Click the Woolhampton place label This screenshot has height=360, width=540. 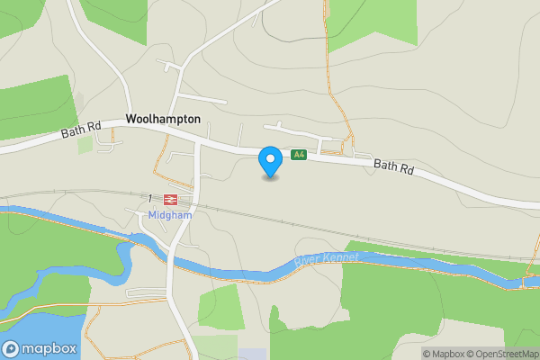(163, 118)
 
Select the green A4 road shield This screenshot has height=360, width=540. (299, 155)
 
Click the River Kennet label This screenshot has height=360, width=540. (327, 259)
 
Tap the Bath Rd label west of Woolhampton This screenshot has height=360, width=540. (81, 131)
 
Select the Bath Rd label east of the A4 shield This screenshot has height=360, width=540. (393, 166)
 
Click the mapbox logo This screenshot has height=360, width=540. (40, 348)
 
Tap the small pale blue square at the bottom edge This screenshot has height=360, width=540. (254, 354)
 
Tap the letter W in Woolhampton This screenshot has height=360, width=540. (132, 118)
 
